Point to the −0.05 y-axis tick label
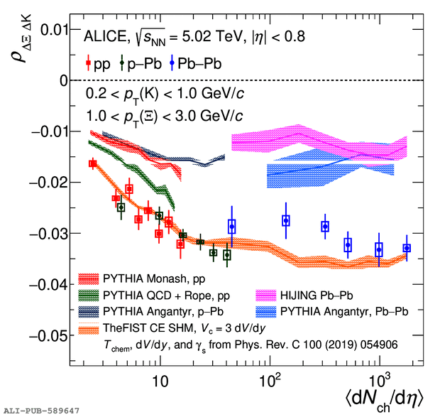pos(46,335)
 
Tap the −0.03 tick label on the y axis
pos(46,233)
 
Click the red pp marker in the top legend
pos(87,64)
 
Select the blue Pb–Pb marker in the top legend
pos(172,64)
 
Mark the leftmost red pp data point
pos(93,163)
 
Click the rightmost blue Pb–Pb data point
pos(407,248)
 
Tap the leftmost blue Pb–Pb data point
pos(232,227)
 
